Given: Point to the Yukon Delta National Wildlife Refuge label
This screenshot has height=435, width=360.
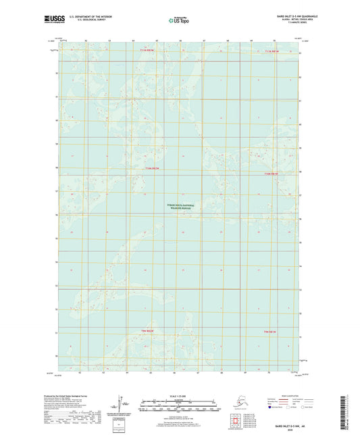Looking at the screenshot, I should pyautogui.click(x=179, y=207).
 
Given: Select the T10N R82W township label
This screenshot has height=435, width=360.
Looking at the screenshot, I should pyautogui.click(x=153, y=168).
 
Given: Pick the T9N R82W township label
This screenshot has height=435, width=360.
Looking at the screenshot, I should pyautogui.click(x=148, y=330).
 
